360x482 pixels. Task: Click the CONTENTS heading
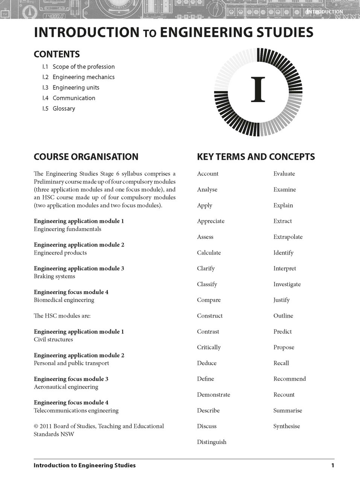(x=57, y=54)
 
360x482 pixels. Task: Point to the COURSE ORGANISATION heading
(x=86, y=157)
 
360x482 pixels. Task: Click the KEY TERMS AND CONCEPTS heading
(x=256, y=157)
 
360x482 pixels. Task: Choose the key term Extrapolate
(x=288, y=237)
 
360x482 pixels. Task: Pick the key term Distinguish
(x=211, y=442)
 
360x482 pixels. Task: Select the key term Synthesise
(x=287, y=426)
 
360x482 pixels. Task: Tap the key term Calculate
(x=209, y=253)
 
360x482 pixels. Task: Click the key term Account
(x=208, y=174)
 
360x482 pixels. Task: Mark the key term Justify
(x=281, y=300)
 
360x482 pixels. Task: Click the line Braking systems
(x=55, y=276)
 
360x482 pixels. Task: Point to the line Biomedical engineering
(x=64, y=300)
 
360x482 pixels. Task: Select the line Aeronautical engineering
(x=66, y=387)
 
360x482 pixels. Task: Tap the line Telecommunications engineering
(x=76, y=410)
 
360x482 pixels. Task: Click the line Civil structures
(x=53, y=339)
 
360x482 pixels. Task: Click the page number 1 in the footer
(x=333, y=465)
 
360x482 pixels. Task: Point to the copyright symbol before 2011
(x=36, y=426)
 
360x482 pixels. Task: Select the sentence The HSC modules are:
(x=62, y=316)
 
